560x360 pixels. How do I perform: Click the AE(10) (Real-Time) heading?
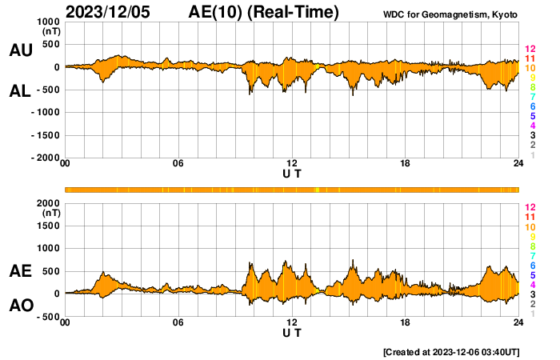264,12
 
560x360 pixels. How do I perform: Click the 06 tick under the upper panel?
178,164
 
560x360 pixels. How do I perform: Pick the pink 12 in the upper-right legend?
530,50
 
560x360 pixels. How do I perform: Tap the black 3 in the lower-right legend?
530,294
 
